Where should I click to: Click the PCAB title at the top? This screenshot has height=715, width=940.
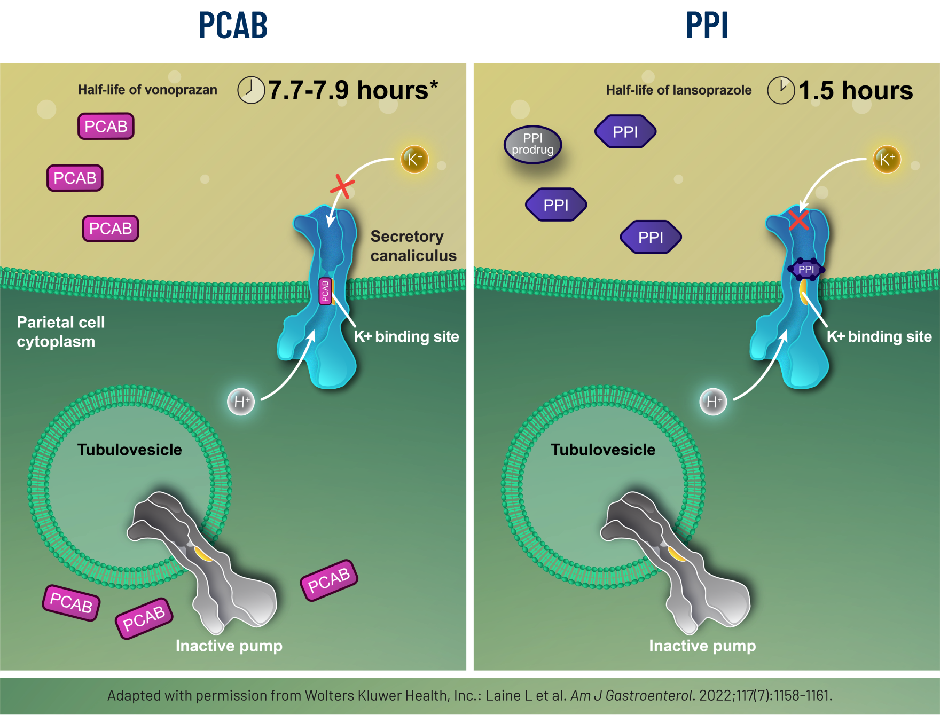[x=233, y=26]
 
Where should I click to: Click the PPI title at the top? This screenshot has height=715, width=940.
[x=706, y=26]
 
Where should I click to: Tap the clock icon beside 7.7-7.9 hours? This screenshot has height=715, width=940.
[x=251, y=90]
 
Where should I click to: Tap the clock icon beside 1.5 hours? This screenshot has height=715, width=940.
[x=781, y=90]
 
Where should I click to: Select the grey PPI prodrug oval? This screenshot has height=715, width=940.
[x=532, y=144]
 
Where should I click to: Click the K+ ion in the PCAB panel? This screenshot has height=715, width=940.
[x=414, y=159]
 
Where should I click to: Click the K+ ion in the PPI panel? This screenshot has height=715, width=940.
[x=887, y=159]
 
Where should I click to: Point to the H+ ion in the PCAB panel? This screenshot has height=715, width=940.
[x=241, y=402]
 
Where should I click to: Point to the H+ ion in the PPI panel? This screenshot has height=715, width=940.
[x=713, y=402]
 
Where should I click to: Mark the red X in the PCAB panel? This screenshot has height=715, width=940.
[x=342, y=186]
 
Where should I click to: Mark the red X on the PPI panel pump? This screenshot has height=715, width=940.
[x=798, y=219]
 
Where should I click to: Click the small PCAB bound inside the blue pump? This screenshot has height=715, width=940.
[x=325, y=291]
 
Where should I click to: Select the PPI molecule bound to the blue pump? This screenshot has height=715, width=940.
[x=806, y=269]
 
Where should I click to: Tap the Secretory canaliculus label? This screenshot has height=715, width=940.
[x=413, y=246]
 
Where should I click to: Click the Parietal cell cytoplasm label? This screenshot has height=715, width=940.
[x=60, y=332]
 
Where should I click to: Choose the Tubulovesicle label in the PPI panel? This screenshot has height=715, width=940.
[x=603, y=450]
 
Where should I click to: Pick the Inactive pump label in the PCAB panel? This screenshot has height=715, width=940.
[x=229, y=646]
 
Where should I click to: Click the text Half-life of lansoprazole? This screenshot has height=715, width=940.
[x=678, y=90]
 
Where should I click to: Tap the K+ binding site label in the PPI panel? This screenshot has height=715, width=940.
[x=879, y=336]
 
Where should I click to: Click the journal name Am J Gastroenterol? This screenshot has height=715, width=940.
[x=631, y=695]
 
